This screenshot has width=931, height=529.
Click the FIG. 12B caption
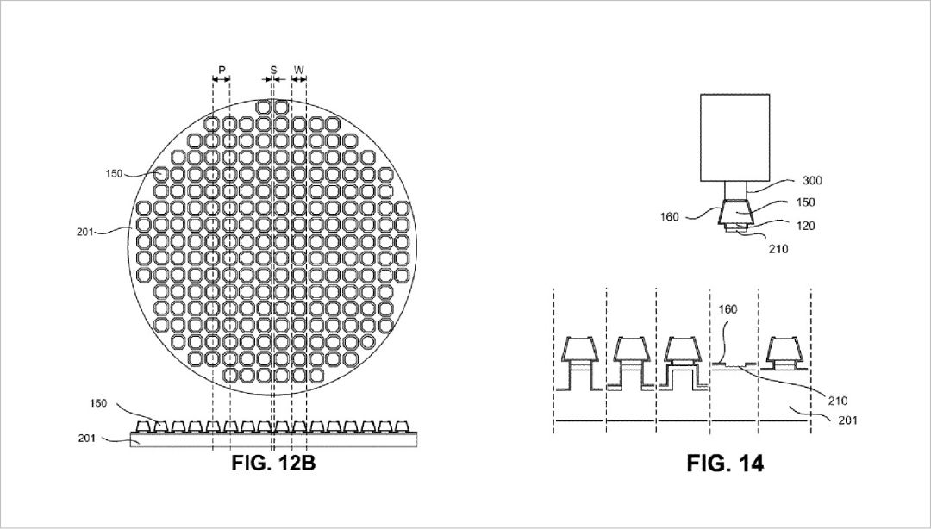[x=273, y=463]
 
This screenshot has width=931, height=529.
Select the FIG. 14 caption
[x=725, y=463]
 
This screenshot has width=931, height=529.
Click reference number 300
[x=812, y=181]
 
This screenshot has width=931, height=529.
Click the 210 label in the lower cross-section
[x=836, y=401]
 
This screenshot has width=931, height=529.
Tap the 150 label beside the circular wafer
[x=114, y=174]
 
